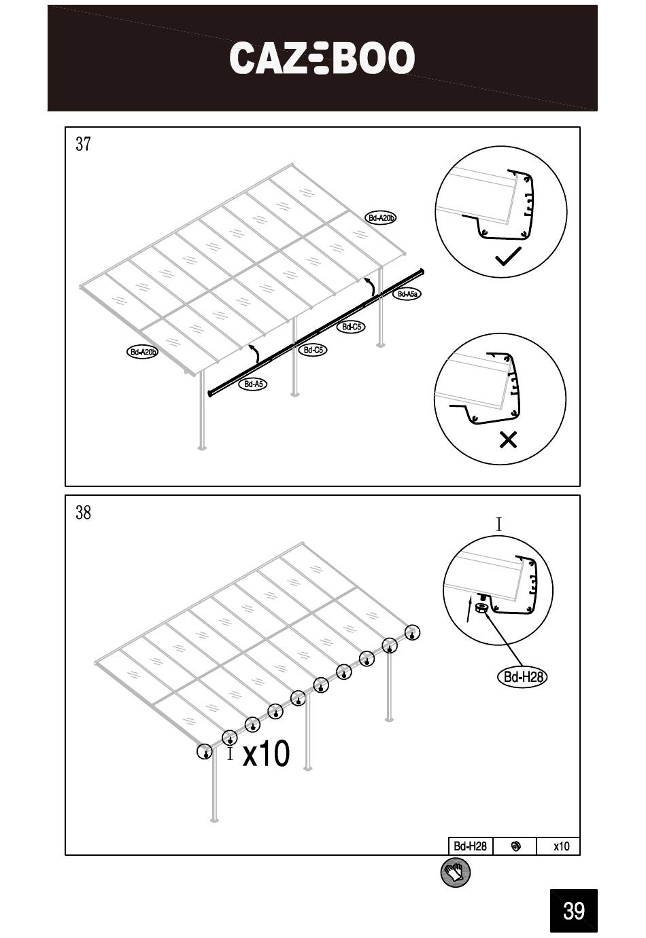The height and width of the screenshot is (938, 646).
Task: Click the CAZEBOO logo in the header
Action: click(x=322, y=58)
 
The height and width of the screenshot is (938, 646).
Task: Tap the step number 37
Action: click(x=83, y=143)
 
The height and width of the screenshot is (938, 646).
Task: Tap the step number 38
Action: click(x=83, y=512)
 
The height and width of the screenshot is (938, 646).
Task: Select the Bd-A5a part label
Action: click(x=407, y=294)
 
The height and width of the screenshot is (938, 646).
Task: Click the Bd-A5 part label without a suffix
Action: click(x=253, y=384)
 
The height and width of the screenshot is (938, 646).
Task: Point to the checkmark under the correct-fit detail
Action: click(x=508, y=256)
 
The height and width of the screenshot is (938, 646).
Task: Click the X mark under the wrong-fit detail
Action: click(x=508, y=439)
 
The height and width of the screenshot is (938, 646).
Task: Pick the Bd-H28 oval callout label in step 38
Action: click(x=523, y=677)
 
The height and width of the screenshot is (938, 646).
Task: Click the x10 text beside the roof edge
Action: click(x=266, y=753)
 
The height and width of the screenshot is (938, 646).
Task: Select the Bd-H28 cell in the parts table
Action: click(x=471, y=846)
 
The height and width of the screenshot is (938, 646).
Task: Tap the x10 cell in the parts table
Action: click(x=561, y=846)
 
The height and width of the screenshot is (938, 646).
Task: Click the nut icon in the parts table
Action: click(x=516, y=846)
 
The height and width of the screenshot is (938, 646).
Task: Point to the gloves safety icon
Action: click(x=456, y=873)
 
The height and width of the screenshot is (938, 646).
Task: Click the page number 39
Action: click(x=573, y=910)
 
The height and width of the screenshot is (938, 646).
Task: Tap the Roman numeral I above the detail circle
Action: click(x=499, y=524)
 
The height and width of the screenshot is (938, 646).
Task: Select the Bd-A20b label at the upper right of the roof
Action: click(x=381, y=218)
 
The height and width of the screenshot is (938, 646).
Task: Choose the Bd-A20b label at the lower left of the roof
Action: click(x=143, y=352)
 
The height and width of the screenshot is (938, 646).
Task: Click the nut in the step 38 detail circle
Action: click(x=481, y=608)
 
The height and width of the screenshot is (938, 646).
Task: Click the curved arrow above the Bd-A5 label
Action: click(x=254, y=354)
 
